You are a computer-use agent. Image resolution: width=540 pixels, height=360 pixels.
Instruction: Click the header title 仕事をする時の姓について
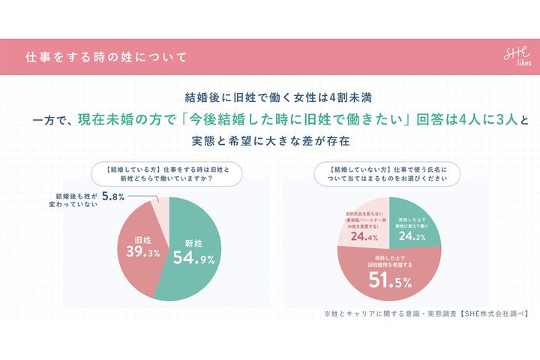[106, 57]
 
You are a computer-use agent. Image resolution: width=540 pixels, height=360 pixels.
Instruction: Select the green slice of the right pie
[416, 222]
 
